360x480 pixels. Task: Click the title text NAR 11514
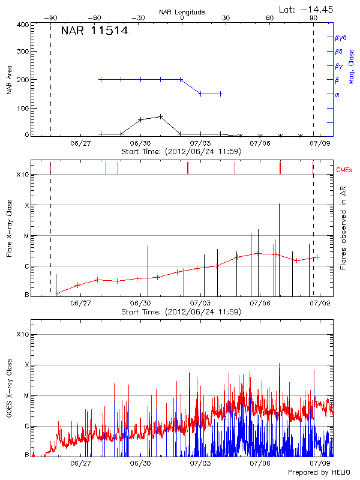(94, 31)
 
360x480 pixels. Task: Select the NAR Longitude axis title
(182, 12)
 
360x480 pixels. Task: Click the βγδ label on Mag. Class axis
(340, 37)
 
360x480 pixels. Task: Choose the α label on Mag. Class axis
(337, 94)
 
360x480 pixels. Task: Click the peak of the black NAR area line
(161, 116)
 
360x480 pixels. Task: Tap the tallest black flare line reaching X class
(279, 204)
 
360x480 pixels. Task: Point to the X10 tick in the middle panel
(23, 175)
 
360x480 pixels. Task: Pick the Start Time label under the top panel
(181, 151)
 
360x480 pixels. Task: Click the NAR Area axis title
(9, 80)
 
